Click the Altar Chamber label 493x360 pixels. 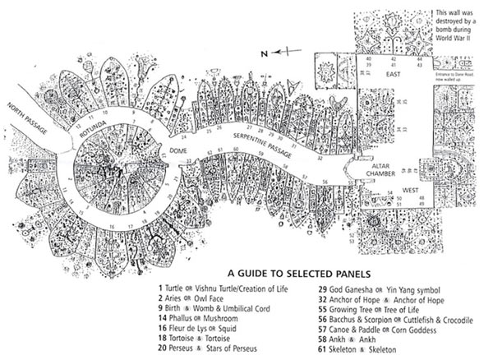coord(385,169)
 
